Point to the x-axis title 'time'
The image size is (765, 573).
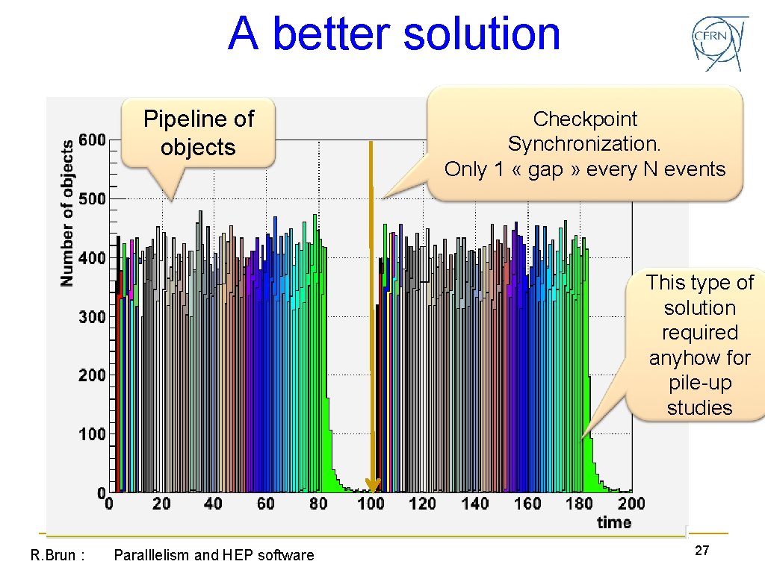pos(614,522)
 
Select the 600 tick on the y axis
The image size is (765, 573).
pos(93,140)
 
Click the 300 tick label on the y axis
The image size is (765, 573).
pos(93,316)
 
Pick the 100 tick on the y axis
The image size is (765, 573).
pos(93,434)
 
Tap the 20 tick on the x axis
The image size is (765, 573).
pos(161,504)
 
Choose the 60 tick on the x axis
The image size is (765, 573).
pos(266,504)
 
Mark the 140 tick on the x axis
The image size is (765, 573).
pos(475,504)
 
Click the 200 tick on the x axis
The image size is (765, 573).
pos(631,504)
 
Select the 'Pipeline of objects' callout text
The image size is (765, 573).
pos(199,133)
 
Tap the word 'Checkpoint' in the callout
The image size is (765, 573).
pos(585,119)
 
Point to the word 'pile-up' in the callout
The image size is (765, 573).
pos(699,383)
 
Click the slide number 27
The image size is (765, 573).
pos(701,551)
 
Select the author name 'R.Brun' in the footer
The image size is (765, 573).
pos(52,555)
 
